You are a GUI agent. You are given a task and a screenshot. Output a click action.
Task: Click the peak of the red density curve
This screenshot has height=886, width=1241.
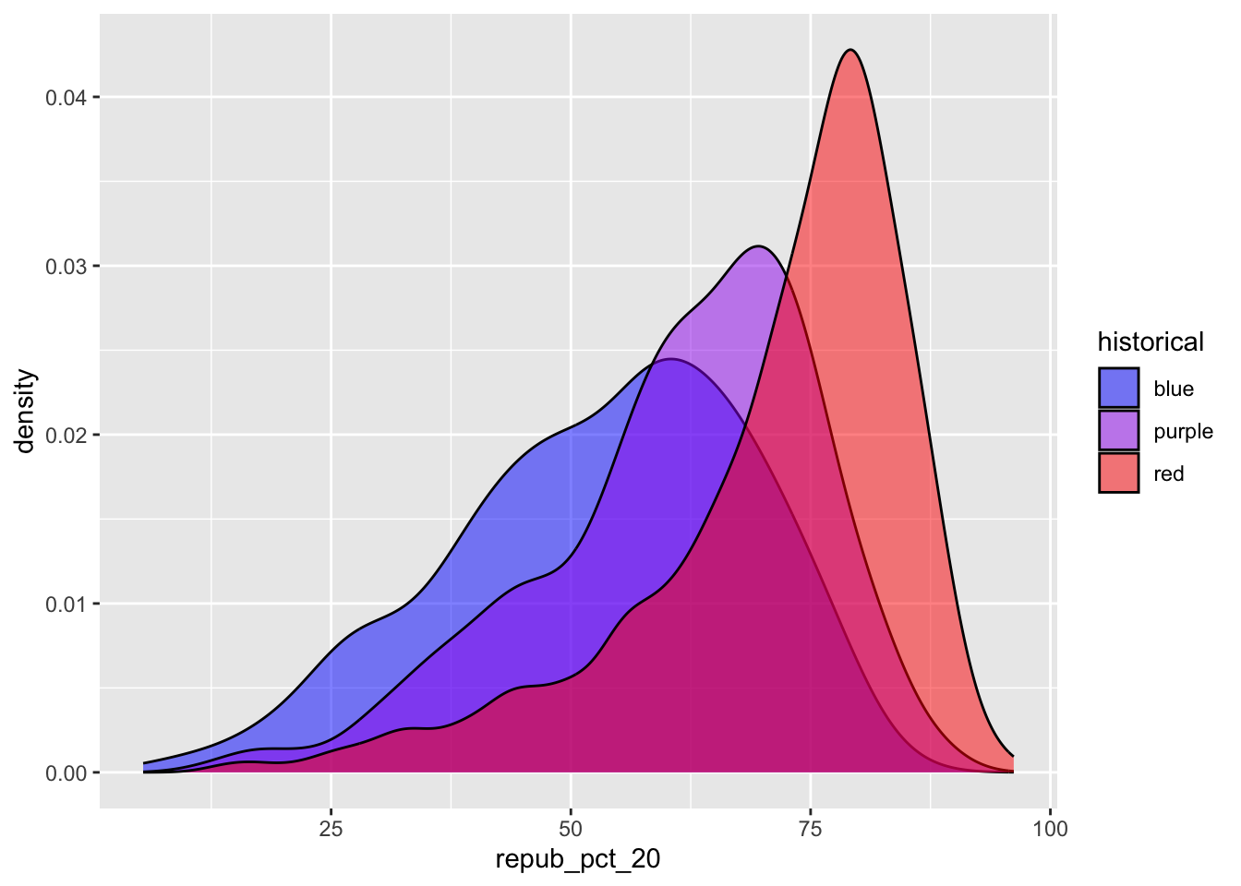pyautogui.click(x=850, y=50)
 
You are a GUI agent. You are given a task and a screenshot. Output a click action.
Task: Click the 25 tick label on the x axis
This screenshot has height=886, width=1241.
pyautogui.click(x=331, y=829)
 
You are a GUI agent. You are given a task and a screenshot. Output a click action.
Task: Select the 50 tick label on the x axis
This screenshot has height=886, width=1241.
pyautogui.click(x=571, y=829)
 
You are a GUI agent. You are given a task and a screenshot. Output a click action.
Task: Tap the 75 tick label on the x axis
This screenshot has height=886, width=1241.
pyautogui.click(x=811, y=829)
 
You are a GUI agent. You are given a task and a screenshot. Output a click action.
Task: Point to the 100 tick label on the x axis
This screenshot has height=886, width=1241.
pyautogui.click(x=1050, y=829)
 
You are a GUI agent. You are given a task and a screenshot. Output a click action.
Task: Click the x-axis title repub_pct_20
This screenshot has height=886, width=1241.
pyautogui.click(x=578, y=860)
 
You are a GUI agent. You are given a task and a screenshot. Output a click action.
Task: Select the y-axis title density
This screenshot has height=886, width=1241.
pyautogui.click(x=25, y=412)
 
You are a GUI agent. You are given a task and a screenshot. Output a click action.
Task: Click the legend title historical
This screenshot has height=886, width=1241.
pyautogui.click(x=1151, y=342)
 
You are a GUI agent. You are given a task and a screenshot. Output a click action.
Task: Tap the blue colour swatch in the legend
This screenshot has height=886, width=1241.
pyautogui.click(x=1118, y=389)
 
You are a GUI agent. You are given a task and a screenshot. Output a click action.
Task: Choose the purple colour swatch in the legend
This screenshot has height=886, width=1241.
pyautogui.click(x=1118, y=431)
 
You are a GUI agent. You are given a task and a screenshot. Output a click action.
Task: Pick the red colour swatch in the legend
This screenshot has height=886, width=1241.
pyautogui.click(x=1118, y=473)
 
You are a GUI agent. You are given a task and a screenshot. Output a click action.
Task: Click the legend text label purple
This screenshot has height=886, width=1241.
pyautogui.click(x=1183, y=432)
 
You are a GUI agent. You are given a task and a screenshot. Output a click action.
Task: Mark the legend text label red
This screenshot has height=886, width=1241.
pyautogui.click(x=1169, y=474)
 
